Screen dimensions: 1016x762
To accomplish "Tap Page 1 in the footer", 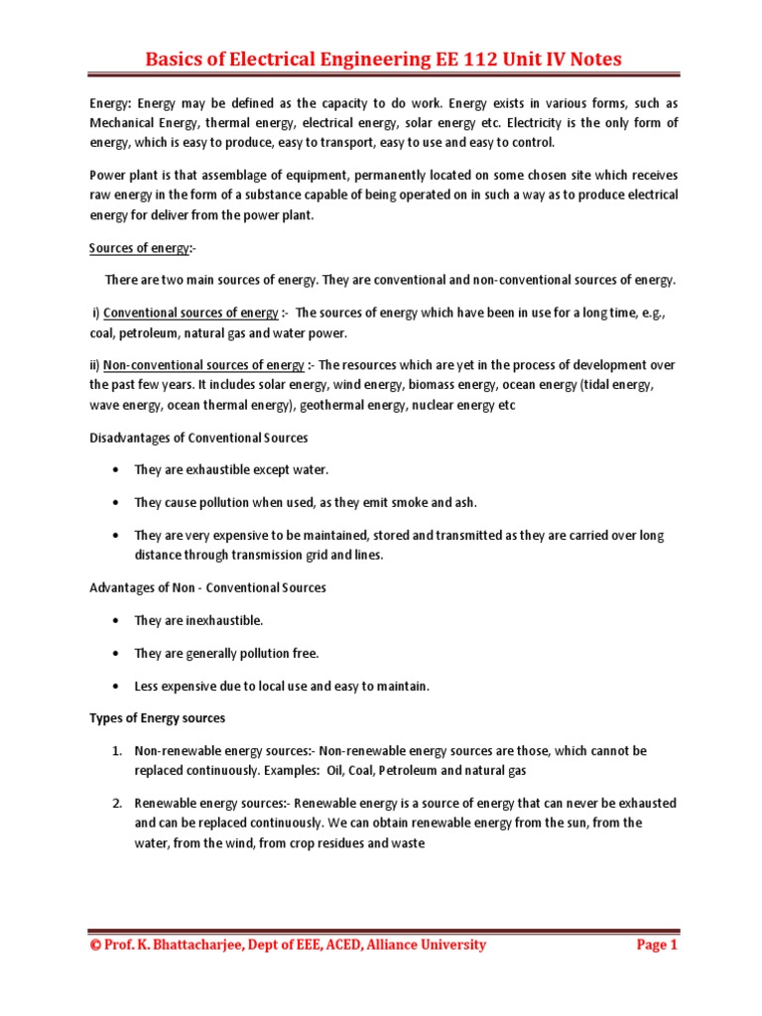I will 656,945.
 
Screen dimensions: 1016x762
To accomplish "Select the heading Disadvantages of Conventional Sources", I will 198,438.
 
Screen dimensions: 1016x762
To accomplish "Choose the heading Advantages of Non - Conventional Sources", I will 207,587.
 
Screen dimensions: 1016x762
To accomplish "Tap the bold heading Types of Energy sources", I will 157,717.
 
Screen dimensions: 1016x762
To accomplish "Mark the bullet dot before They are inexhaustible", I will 117,620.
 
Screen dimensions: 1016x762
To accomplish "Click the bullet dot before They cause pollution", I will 117,502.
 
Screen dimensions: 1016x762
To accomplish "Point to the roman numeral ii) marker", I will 94,364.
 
